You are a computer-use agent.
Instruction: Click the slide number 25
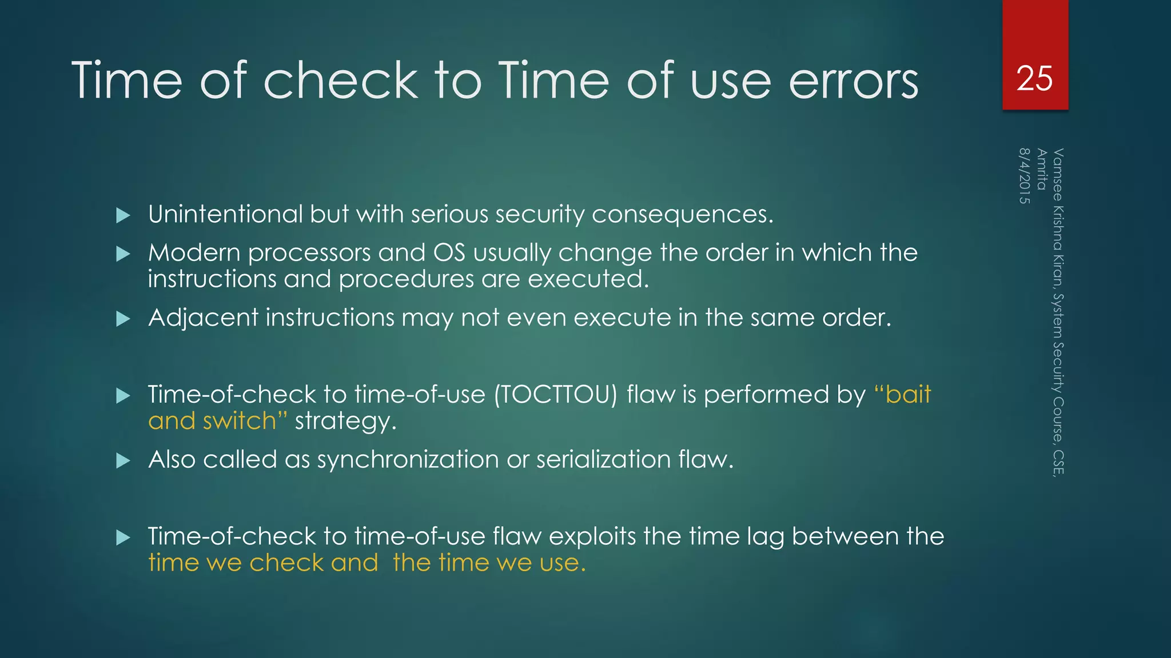click(1034, 78)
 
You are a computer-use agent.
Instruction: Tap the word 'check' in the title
click(341, 81)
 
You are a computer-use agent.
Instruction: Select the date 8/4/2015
click(1024, 176)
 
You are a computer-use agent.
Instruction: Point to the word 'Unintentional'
click(225, 214)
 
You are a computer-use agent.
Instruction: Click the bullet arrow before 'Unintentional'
click(123, 215)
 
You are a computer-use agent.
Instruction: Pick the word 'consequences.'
click(682, 215)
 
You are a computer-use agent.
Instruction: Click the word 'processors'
click(309, 253)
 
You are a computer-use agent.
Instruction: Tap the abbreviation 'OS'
click(449, 252)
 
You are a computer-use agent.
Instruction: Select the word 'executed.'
click(588, 279)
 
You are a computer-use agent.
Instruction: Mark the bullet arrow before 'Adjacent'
click(123, 319)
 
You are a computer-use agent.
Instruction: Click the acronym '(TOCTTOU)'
click(556, 395)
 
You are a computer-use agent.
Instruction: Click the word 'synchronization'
click(408, 460)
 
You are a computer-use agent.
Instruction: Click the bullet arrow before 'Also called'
click(123, 460)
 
